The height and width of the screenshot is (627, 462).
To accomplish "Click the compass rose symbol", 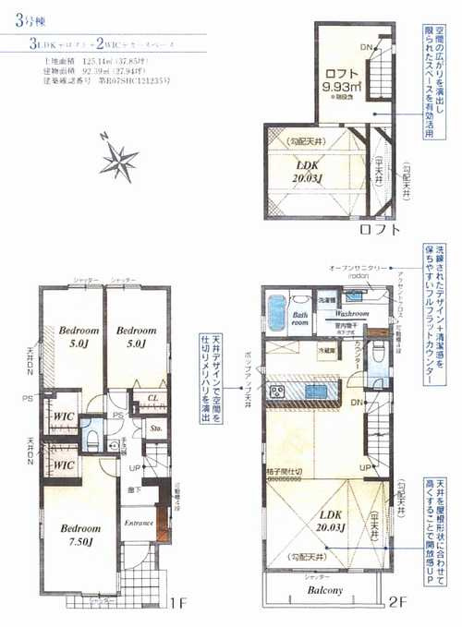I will [x=119, y=161].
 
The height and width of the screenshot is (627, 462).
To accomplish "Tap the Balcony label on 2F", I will [x=324, y=590].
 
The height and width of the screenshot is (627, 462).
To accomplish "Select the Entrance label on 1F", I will [x=138, y=523].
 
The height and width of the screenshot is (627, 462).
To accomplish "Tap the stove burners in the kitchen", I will [x=275, y=392].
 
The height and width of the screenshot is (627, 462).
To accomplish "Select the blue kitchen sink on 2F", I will [x=316, y=392].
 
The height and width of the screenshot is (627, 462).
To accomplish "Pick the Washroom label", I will [x=354, y=314].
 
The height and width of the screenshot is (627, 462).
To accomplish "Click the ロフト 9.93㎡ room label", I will [x=344, y=82].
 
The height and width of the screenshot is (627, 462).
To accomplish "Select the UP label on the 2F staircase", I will [x=364, y=468].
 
